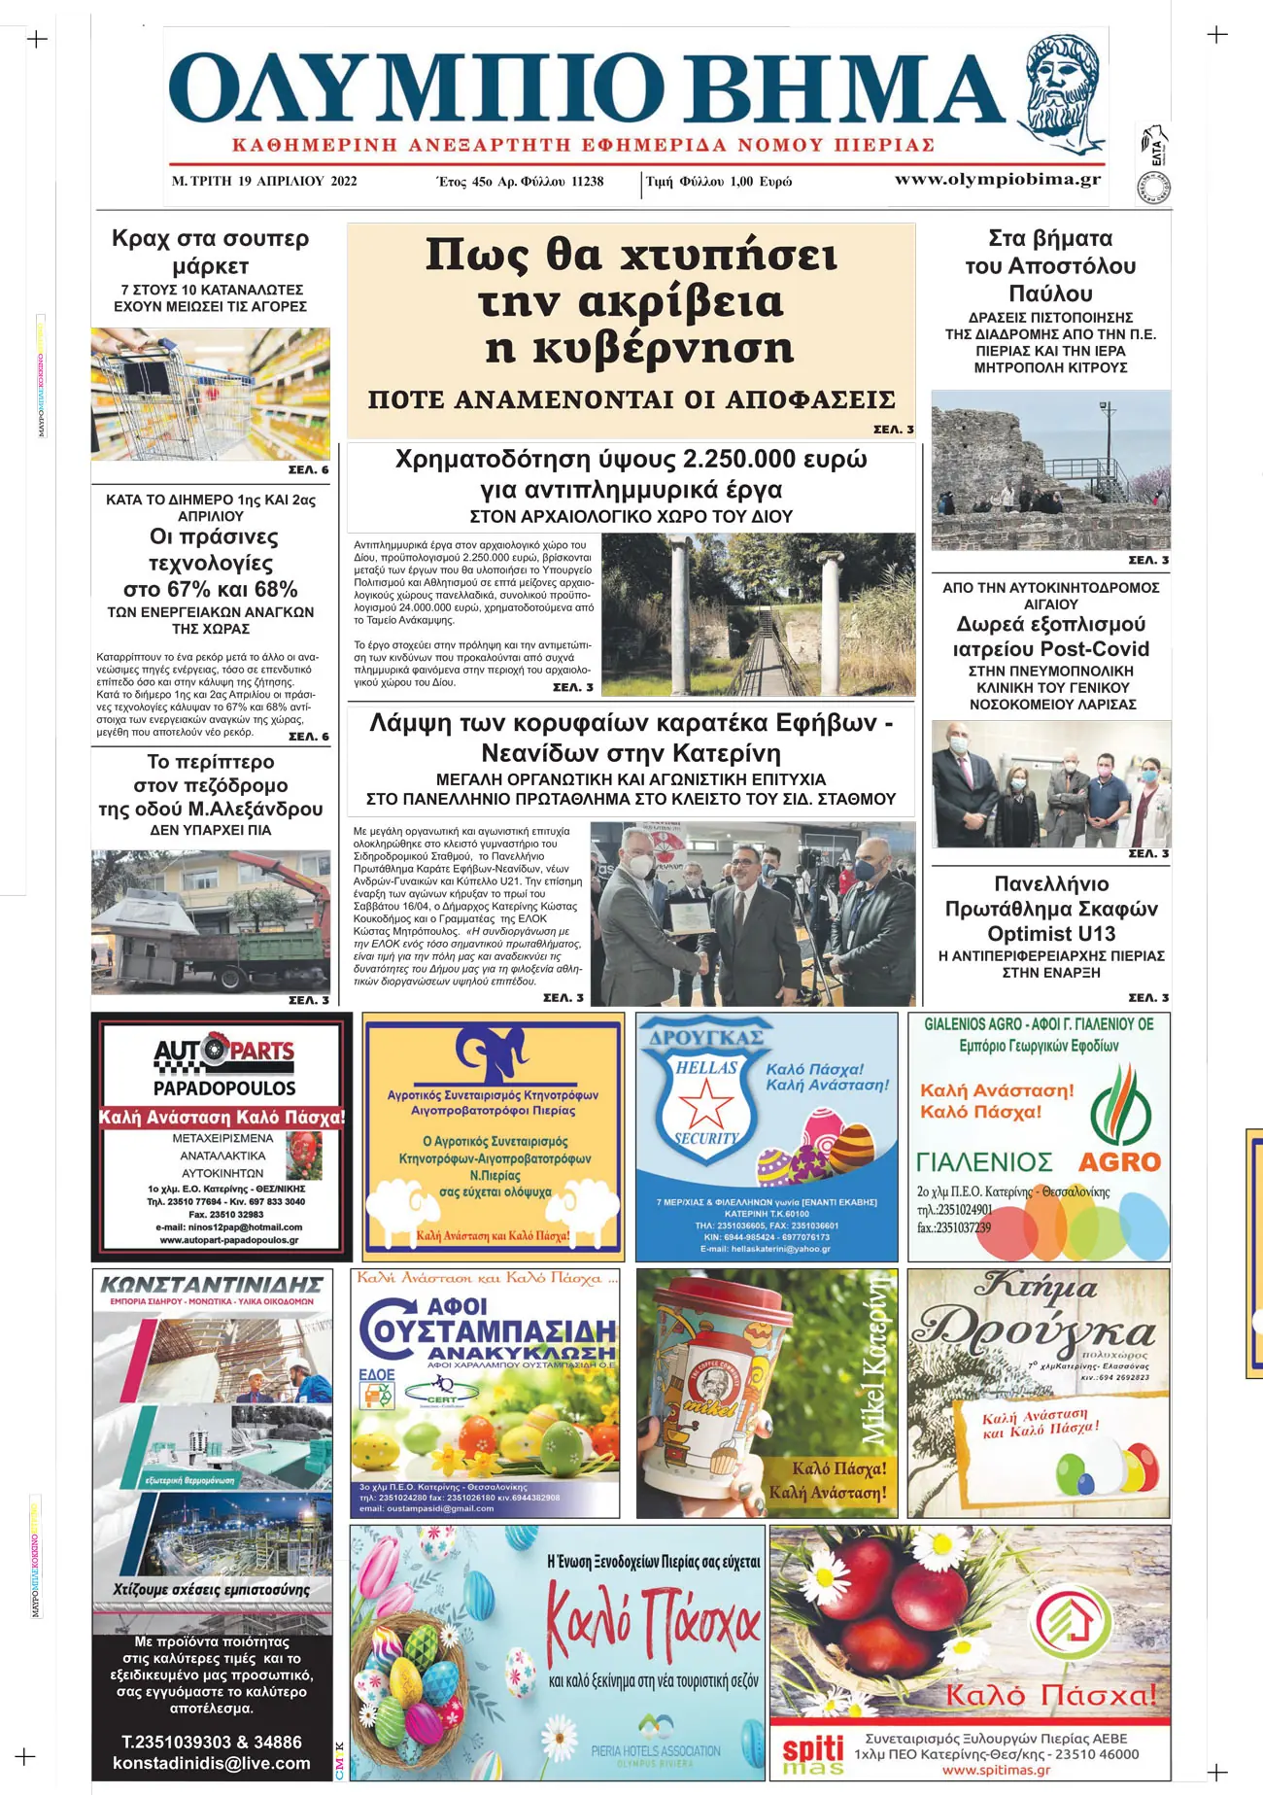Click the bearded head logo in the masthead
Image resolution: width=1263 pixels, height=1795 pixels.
tap(1064, 89)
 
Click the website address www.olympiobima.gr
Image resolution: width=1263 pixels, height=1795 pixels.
tap(998, 180)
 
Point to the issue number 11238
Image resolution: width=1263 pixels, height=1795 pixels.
tap(587, 182)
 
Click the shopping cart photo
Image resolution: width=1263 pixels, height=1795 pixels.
tap(211, 395)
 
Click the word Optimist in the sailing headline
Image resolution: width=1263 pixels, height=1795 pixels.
tap(1031, 934)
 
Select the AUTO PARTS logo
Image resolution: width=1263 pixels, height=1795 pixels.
tap(223, 1052)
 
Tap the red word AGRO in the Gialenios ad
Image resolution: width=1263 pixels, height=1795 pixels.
tap(1119, 1162)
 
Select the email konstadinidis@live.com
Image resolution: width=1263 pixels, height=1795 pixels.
tap(212, 1763)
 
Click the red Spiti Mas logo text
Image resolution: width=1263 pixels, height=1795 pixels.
tap(813, 1749)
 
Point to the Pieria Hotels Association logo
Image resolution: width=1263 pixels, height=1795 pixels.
tap(657, 1741)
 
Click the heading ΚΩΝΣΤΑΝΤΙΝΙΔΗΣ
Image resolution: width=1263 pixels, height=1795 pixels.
tap(212, 1285)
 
